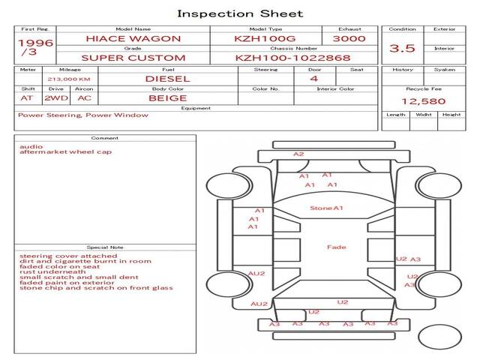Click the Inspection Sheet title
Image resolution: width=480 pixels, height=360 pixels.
(x=240, y=13)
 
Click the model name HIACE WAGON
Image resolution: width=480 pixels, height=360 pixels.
(x=133, y=38)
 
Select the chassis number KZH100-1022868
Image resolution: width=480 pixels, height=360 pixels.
(x=292, y=58)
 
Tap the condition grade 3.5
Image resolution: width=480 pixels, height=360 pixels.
(x=402, y=48)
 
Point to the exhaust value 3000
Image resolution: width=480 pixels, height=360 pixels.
(x=349, y=38)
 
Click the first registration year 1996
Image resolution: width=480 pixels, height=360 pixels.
(x=35, y=43)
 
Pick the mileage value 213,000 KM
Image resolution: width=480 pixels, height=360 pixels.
(x=69, y=79)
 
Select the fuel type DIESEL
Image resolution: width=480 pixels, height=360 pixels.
(x=167, y=79)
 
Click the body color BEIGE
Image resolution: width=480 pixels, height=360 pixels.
(x=167, y=98)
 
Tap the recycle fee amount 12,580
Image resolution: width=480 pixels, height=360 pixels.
(x=423, y=101)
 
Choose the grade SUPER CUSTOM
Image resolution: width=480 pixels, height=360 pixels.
(x=133, y=58)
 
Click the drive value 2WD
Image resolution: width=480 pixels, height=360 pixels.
(x=56, y=98)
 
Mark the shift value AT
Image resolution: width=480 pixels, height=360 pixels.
(x=27, y=98)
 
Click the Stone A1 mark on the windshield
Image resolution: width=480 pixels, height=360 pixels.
(x=326, y=208)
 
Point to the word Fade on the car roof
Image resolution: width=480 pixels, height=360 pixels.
(x=336, y=247)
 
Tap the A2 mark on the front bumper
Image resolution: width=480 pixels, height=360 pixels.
(x=298, y=154)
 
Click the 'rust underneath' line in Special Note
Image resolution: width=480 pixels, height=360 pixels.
(x=52, y=271)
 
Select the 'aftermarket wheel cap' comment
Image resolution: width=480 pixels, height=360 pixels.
(x=65, y=151)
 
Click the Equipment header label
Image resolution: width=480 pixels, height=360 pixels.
(x=196, y=108)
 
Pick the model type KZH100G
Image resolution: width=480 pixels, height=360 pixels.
(x=265, y=38)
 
